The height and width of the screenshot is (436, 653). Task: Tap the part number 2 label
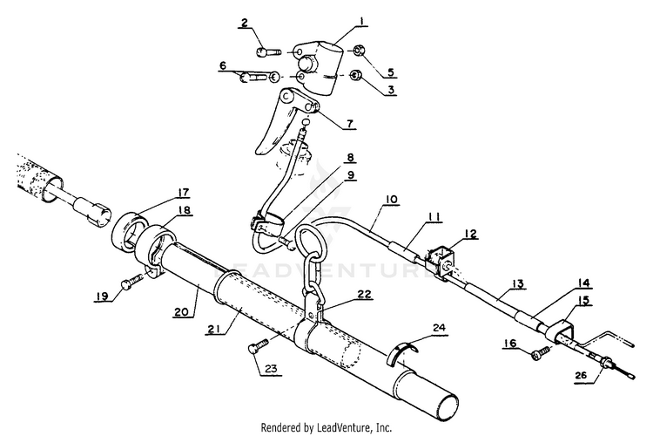245,24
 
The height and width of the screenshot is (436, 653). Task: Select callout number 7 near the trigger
349,124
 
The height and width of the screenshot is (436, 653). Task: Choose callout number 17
184,193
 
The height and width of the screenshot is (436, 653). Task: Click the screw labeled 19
131,282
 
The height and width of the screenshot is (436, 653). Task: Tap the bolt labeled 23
253,348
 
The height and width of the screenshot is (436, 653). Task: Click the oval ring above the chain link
309,242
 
